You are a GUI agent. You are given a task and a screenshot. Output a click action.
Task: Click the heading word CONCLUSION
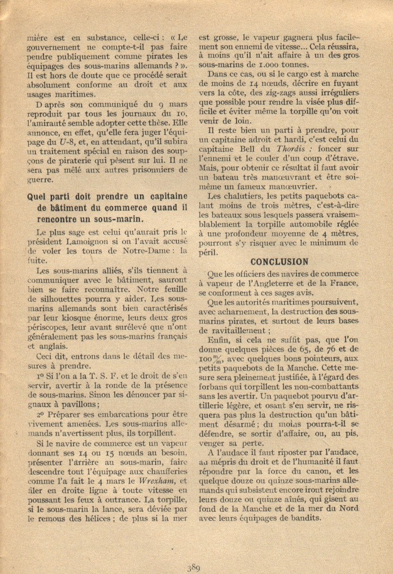coord(280,262)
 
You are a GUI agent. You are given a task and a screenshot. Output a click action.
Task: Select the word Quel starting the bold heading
coord(37,197)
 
